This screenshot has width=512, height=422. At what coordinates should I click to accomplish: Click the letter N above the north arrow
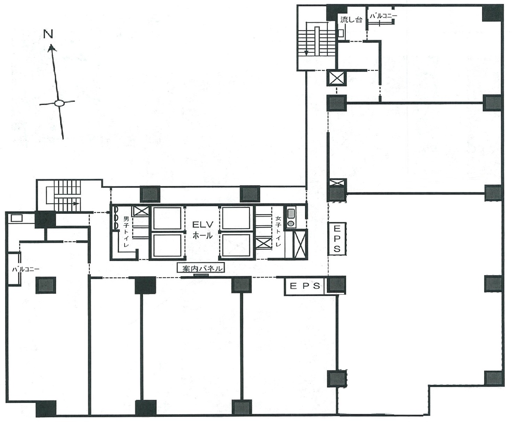point(49,34)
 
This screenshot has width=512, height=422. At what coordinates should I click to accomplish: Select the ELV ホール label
point(201,230)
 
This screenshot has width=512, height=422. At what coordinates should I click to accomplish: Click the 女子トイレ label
point(278,232)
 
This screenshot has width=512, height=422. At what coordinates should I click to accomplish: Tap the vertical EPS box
point(336,238)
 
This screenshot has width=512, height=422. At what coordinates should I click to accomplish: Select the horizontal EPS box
point(305,286)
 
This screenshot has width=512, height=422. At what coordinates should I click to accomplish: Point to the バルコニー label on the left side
point(26,269)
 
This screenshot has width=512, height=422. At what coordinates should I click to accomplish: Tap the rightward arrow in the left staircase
point(75,204)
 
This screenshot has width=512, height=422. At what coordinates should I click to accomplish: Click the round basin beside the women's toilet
point(291,223)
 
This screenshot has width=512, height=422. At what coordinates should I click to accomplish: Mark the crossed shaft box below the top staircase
point(337,78)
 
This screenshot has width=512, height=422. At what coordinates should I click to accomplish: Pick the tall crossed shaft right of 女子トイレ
point(300,244)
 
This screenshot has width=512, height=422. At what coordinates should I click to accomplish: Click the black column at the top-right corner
point(492,13)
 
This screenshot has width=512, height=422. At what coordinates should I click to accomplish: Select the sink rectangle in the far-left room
point(17,218)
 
